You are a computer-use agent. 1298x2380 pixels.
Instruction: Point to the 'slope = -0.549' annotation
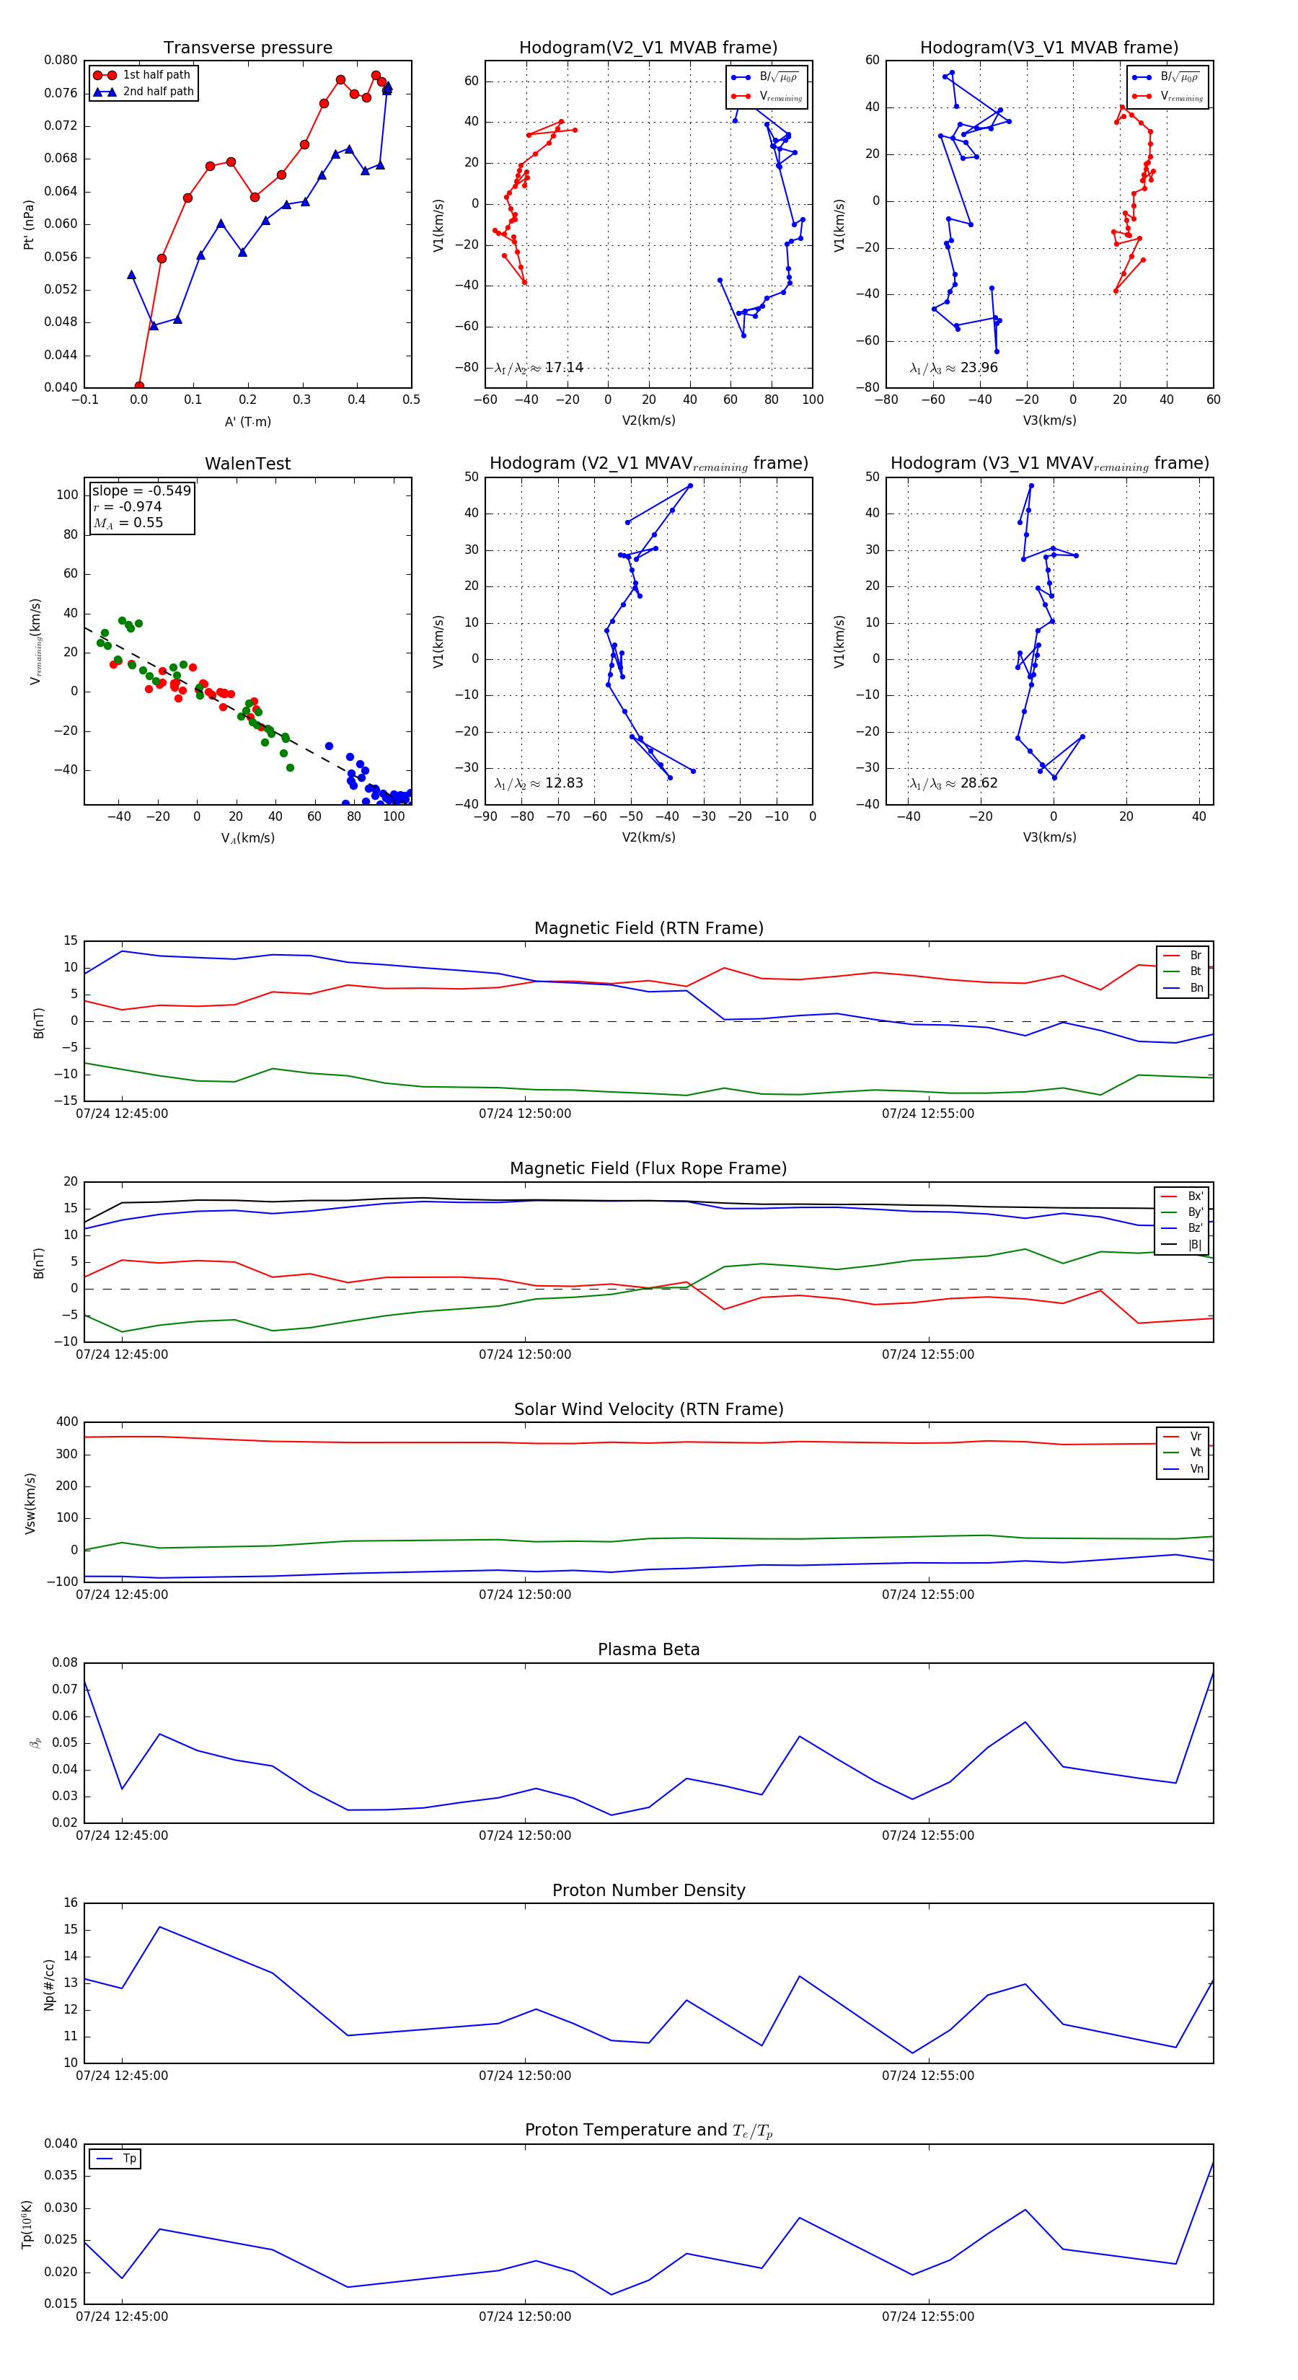[141, 490]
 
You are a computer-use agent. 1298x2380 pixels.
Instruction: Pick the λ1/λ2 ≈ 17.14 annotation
[539, 368]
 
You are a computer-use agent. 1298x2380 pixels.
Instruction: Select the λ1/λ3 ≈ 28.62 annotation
[953, 783]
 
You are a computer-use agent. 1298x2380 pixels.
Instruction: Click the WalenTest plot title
[247, 464]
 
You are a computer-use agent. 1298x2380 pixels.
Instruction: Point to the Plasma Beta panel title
[648, 1649]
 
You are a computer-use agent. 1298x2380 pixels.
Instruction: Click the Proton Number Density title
[648, 1890]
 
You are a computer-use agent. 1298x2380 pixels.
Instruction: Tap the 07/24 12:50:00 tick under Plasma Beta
[525, 1835]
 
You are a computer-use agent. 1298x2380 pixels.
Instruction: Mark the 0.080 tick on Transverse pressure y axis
[61, 60]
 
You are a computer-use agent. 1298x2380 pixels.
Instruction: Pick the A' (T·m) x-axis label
[247, 421]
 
